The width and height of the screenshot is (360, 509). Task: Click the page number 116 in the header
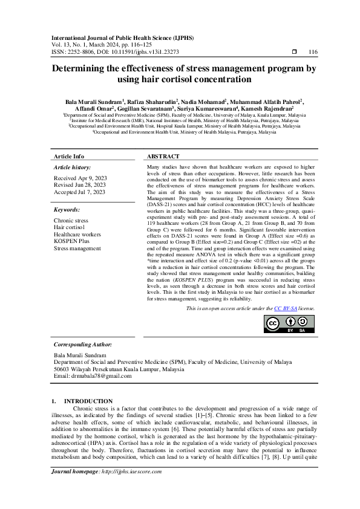point(312,53)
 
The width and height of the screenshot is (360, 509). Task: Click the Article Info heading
point(69,156)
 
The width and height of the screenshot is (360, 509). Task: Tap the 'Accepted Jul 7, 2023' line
point(79,192)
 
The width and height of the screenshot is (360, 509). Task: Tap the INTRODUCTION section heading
point(88,401)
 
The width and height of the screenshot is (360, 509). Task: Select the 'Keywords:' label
point(67,210)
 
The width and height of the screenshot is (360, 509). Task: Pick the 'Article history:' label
point(73,166)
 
